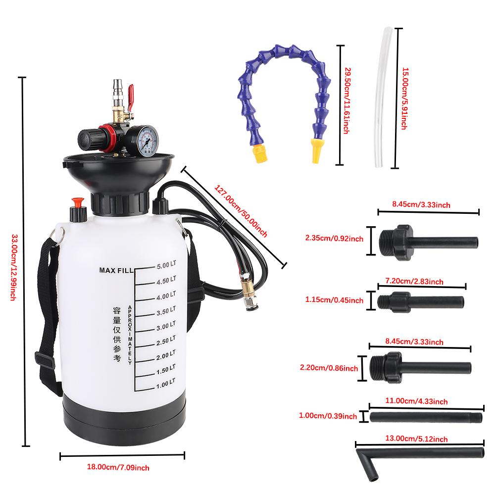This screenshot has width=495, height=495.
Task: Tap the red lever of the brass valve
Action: (131, 93)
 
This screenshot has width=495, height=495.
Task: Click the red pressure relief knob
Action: (77, 202)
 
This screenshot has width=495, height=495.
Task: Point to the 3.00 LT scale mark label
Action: (166, 326)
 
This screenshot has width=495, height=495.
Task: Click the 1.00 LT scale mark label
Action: (166, 382)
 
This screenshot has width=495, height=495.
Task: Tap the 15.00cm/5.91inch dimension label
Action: (403, 99)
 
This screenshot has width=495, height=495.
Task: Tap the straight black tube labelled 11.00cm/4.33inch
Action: (426, 417)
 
